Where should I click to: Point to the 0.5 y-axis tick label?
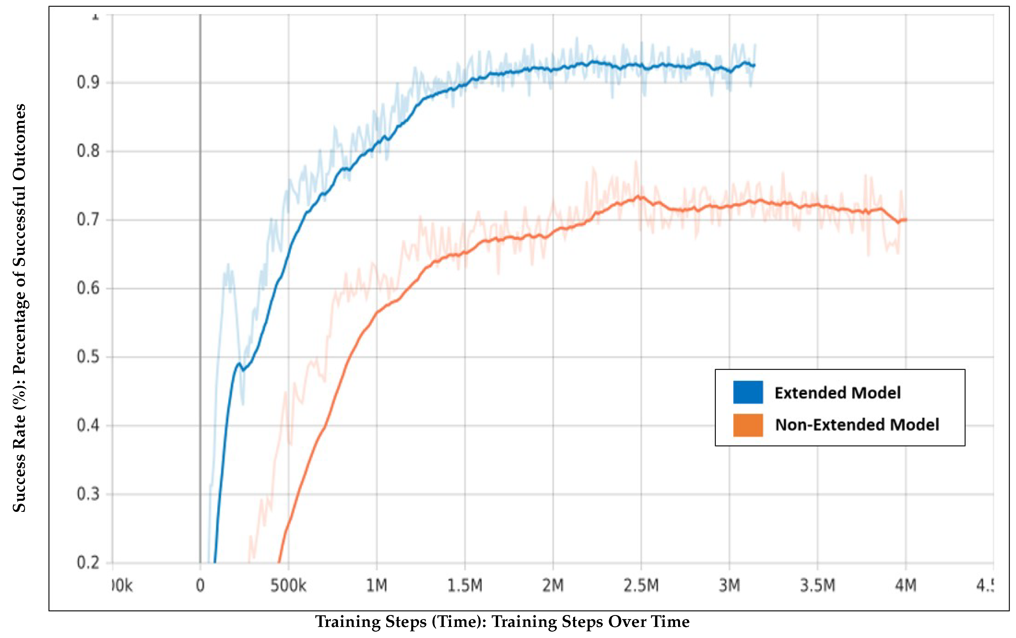88,357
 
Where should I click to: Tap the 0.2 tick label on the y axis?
88,563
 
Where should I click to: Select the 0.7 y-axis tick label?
88,219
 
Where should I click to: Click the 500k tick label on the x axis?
288,586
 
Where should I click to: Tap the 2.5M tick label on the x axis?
641,586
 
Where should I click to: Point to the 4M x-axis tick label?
906,586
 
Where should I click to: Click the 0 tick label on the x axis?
201,586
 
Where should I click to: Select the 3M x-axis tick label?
729,586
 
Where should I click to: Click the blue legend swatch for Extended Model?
748,392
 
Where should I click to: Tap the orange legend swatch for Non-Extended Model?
748,425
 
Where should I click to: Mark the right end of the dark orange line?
906,220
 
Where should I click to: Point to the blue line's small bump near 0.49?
239,363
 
